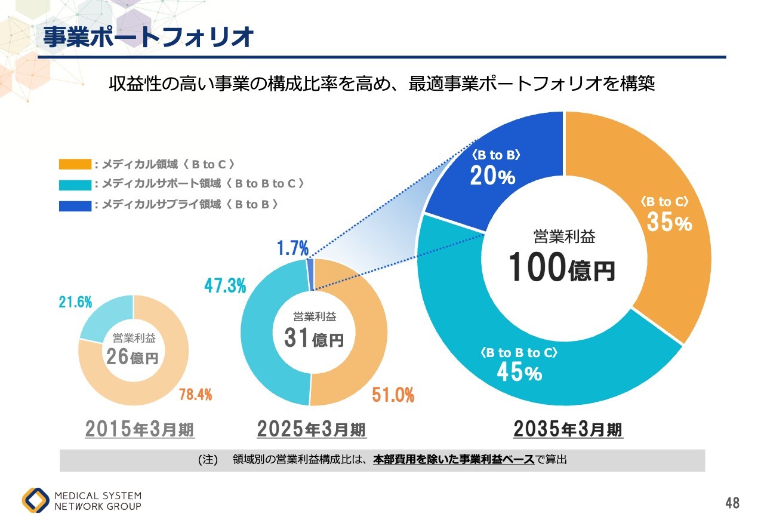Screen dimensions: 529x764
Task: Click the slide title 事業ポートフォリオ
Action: click(149, 37)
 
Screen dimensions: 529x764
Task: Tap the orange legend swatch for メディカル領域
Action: click(75, 164)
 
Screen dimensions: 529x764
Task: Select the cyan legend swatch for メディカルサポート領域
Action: click(75, 184)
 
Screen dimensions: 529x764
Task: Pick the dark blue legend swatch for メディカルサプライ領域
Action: click(75, 205)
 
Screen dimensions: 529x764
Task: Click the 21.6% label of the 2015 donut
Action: click(75, 303)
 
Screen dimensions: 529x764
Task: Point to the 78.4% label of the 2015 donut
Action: click(195, 394)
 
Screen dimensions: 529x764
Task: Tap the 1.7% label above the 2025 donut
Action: click(292, 248)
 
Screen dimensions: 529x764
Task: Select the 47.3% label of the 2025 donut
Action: click(225, 286)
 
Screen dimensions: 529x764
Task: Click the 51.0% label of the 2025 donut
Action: click(393, 395)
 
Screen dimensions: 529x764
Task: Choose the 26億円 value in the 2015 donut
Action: click(133, 357)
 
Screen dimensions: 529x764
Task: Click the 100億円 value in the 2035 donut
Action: click(562, 267)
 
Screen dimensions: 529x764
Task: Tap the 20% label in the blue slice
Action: click(492, 176)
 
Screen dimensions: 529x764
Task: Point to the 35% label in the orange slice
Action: click(670, 223)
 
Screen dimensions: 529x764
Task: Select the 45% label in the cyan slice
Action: click(519, 373)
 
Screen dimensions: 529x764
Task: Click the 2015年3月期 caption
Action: click(140, 429)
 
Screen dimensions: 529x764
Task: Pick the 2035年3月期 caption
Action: click(568, 429)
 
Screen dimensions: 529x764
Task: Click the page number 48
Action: click(732, 503)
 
